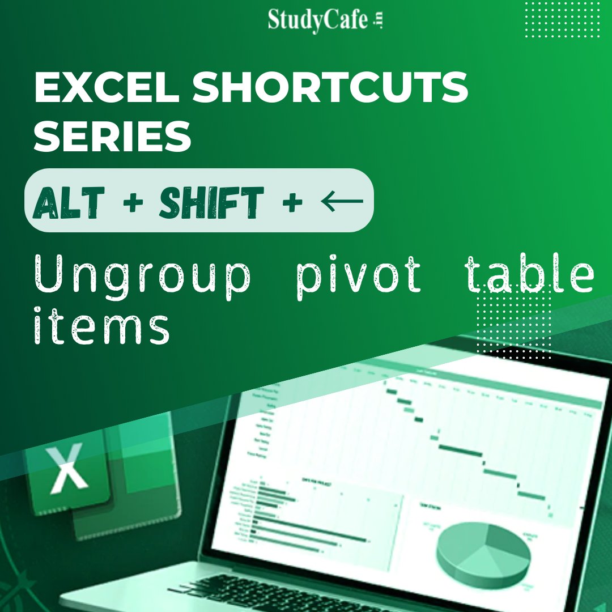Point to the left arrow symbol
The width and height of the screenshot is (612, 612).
[x=342, y=201]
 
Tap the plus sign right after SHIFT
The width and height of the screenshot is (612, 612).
[x=292, y=202]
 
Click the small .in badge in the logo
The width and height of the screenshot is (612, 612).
[x=379, y=21]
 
